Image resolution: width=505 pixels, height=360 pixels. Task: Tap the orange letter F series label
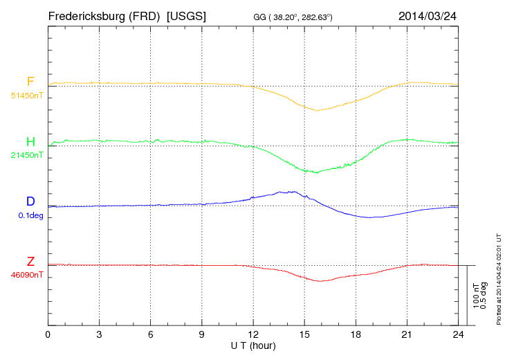click(x=30, y=82)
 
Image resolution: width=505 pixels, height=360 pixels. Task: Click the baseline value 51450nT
click(x=26, y=96)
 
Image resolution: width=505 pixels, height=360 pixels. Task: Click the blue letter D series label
click(x=30, y=202)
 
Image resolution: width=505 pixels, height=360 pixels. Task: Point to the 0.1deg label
click(x=30, y=215)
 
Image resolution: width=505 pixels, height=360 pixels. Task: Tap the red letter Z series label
click(x=30, y=262)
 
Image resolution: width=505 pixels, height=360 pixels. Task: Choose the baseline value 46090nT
click(x=26, y=275)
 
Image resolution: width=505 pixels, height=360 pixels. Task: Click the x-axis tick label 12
click(x=253, y=334)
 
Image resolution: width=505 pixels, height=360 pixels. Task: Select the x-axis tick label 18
click(x=356, y=334)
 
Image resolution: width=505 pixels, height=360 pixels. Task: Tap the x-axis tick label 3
click(x=99, y=334)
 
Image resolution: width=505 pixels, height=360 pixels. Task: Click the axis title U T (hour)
click(x=253, y=345)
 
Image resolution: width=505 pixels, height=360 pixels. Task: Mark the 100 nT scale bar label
click(x=476, y=295)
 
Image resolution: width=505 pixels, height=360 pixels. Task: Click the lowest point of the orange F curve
click(x=317, y=110)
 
